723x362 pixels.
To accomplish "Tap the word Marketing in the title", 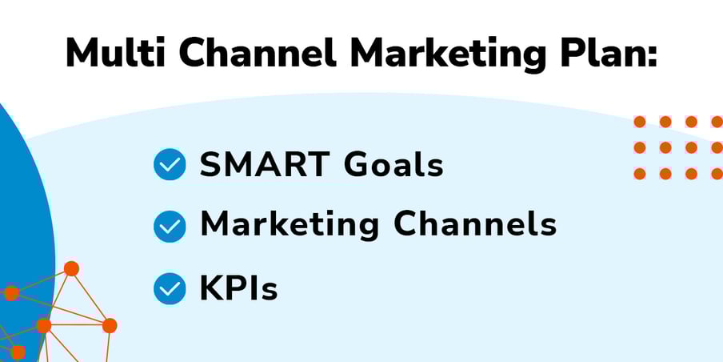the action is pos(447,56).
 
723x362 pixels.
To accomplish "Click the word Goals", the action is pos(393,164).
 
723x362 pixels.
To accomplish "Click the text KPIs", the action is pos(238,288).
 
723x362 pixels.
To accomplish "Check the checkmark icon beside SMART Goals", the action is pos(170,164).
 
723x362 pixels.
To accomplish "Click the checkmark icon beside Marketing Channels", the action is pos(170,226).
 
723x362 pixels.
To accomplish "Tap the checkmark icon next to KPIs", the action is pos(170,288).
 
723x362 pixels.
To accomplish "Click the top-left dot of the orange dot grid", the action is pos(640,122).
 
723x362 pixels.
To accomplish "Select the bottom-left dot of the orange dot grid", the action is pos(640,174).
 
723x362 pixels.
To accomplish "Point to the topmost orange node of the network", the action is pos(71,268).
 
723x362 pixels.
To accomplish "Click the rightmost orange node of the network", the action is pos(110,325).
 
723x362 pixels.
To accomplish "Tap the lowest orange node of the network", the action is pos(18,352).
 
